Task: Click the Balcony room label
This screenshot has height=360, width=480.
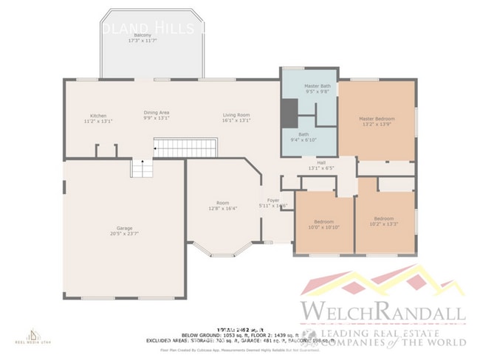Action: click(143, 35)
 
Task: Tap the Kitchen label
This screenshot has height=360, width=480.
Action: click(98, 116)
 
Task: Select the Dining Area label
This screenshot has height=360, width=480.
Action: click(157, 113)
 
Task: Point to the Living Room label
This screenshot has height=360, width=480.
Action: click(236, 115)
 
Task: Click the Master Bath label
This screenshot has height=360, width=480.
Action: click(318, 86)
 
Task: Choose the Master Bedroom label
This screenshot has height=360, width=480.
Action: click(377, 119)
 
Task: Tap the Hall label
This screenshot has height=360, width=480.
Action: click(321, 162)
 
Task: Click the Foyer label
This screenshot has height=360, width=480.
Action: click(272, 200)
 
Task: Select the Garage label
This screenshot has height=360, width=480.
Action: click(124, 228)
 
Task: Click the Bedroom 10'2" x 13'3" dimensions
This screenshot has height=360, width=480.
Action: click(383, 224)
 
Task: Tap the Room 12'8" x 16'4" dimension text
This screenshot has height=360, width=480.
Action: click(222, 209)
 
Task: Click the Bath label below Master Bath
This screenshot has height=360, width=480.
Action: click(304, 134)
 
